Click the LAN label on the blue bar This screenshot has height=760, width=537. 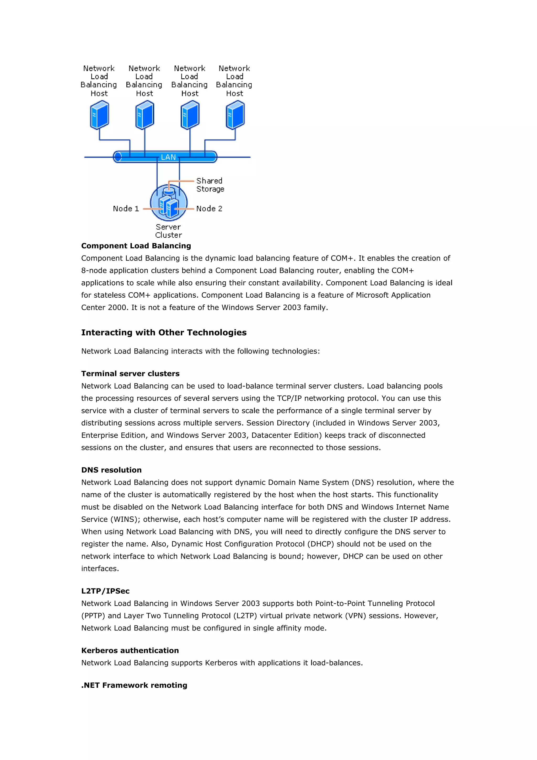[168, 157]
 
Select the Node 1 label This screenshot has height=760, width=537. [126, 208]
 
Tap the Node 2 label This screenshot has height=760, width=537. [209, 208]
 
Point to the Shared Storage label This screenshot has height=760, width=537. [210, 185]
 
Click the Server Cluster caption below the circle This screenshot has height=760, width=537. [168, 231]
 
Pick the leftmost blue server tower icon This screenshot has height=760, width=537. [99, 115]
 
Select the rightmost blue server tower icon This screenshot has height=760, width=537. [235, 115]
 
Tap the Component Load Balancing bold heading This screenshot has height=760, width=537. [136, 246]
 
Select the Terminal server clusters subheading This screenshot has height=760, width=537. [130, 373]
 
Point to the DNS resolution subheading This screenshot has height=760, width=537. [111, 470]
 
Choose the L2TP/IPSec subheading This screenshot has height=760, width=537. [105, 591]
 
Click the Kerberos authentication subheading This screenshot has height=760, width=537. [130, 650]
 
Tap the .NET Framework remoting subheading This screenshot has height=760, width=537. [134, 685]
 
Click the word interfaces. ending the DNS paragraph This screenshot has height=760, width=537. [100, 569]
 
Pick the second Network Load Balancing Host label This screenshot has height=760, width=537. [144, 81]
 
